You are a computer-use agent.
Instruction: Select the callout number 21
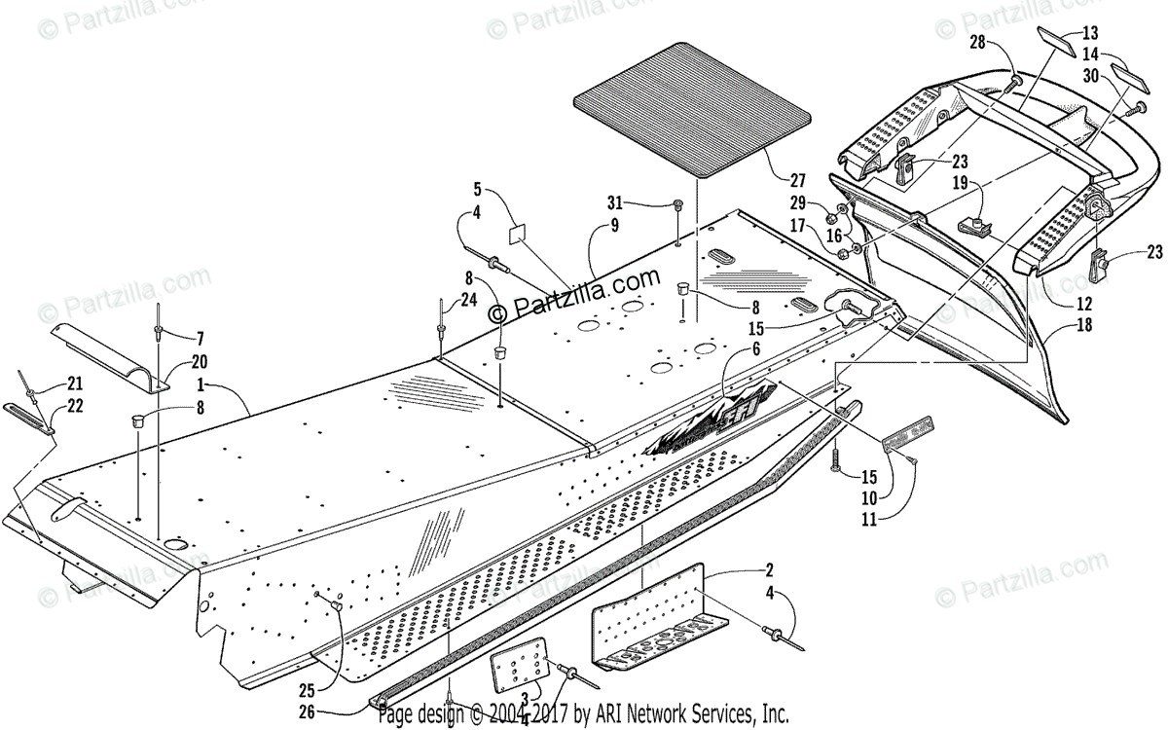tap(76, 383)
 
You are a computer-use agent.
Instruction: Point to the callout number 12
tap(1082, 303)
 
